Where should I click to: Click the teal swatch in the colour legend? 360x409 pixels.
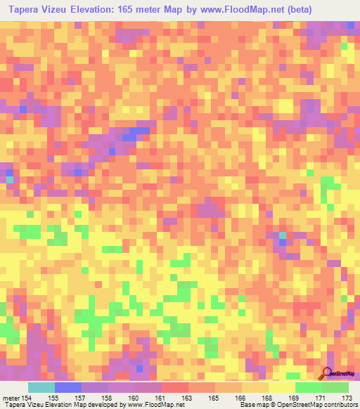[x=41, y=388]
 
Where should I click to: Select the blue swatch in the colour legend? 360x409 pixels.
[x=68, y=388]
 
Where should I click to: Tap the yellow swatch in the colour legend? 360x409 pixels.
[x=281, y=388]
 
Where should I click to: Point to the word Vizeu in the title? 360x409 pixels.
[x=61, y=9]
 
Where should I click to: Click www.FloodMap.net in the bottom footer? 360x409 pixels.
[x=148, y=405]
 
